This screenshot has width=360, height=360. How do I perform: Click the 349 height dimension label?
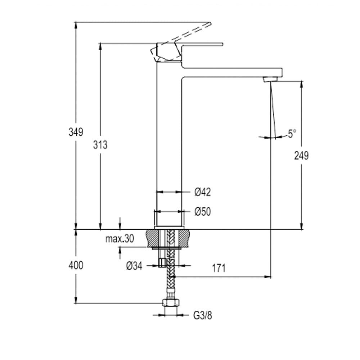[x=76, y=132]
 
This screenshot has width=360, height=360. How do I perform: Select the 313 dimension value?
[x=100, y=145]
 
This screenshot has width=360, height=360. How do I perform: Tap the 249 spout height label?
[x=301, y=156]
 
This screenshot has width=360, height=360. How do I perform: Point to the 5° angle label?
[x=292, y=134]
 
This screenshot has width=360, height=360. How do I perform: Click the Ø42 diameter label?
[x=202, y=192]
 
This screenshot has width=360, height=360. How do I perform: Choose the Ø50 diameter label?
[x=202, y=212]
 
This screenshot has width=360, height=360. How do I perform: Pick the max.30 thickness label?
[x=120, y=239]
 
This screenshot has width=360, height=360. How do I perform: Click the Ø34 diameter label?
[x=134, y=266]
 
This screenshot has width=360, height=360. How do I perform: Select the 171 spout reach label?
[x=219, y=268]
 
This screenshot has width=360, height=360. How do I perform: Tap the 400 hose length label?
[x=76, y=265]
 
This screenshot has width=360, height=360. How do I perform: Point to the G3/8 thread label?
[x=202, y=315]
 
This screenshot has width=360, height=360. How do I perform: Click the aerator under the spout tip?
[x=270, y=79]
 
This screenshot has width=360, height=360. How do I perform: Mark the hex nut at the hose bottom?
[x=171, y=302]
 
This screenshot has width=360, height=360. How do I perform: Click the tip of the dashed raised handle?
[x=210, y=23]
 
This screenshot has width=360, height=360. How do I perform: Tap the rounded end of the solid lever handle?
[x=222, y=44]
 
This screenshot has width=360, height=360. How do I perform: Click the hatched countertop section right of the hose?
[x=183, y=238]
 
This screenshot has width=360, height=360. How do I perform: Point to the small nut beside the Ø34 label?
[x=162, y=263]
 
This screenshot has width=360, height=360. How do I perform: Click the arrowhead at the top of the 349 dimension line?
[x=76, y=25]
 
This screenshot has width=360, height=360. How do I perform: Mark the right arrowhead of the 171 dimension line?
[x=268, y=276]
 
